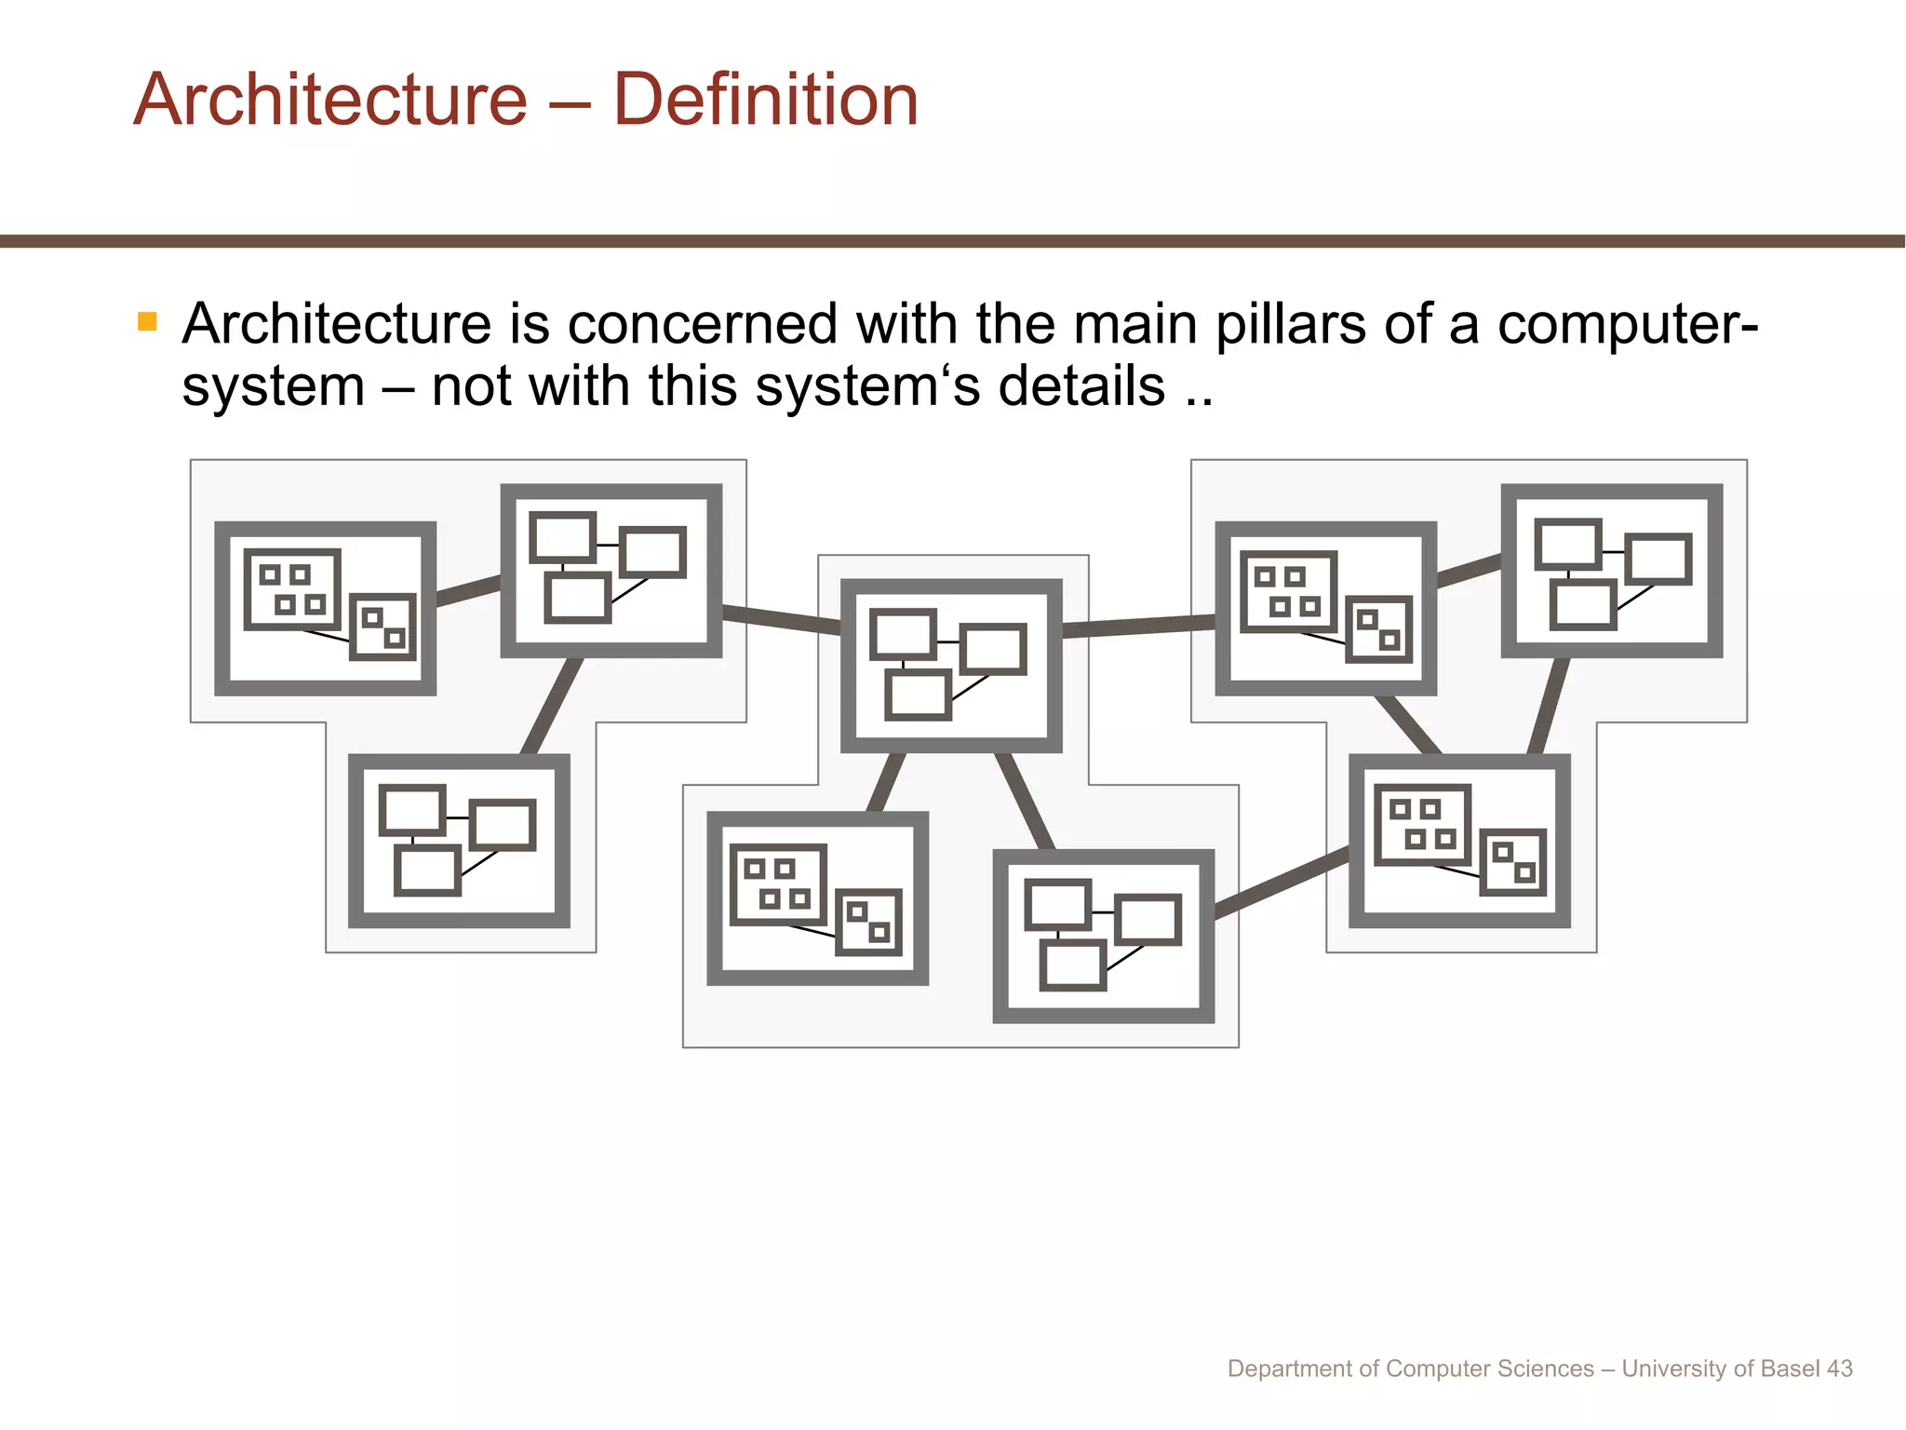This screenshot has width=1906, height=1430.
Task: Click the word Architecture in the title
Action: pyautogui.click(x=330, y=100)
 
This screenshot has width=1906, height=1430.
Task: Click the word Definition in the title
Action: pyautogui.click(x=765, y=100)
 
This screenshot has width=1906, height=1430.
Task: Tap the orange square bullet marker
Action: pyautogui.click(x=147, y=322)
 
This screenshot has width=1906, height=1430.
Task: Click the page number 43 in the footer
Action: pyautogui.click(x=1839, y=1369)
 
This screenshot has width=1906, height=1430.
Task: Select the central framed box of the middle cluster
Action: pyautogui.click(x=951, y=666)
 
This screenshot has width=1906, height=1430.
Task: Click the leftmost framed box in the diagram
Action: pyautogui.click(x=325, y=608)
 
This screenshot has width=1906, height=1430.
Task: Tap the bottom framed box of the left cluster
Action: pyautogui.click(x=459, y=841)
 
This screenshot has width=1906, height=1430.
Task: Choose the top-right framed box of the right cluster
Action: pyautogui.click(x=1611, y=571)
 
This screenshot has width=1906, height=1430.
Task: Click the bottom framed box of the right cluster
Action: pyautogui.click(x=1459, y=841)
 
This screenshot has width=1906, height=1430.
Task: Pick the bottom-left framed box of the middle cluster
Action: pyautogui.click(x=817, y=898)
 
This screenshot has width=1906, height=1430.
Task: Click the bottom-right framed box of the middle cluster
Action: pyautogui.click(x=1103, y=936)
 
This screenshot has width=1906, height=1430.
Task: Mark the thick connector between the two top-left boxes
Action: pyautogui.click(x=468, y=590)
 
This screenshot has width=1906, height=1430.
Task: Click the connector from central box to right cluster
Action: pyautogui.click(x=1138, y=627)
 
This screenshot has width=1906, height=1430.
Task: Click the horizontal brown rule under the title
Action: pyautogui.click(x=953, y=241)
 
